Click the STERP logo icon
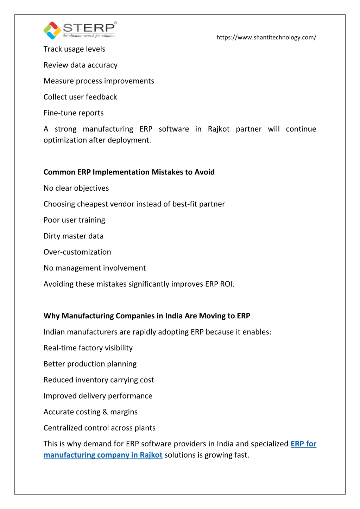pyautogui.click(x=52, y=30)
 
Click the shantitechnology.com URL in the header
pyautogui.click(x=266, y=37)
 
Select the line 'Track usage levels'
pyautogui.click(x=74, y=49)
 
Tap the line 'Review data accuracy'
pyautogui.click(x=81, y=65)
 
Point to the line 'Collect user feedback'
pyautogui.click(x=80, y=97)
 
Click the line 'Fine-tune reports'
pyautogui.click(x=74, y=113)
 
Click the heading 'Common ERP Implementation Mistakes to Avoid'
pyautogui.click(x=129, y=172)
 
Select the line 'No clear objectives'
pyautogui.click(x=76, y=188)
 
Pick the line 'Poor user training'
pyautogui.click(x=74, y=220)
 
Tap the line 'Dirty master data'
pyautogui.click(x=74, y=236)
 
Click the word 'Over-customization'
pyautogui.click(x=77, y=252)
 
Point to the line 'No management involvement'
pyautogui.click(x=94, y=268)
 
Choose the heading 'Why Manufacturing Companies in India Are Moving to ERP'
pyautogui.click(x=147, y=316)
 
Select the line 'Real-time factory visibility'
pyautogui.click(x=88, y=348)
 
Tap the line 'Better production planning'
pyautogui.click(x=90, y=364)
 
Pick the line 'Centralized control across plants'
pyautogui.click(x=99, y=428)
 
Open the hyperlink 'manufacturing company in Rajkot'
pyautogui.click(x=103, y=455)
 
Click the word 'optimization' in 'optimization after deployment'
pyautogui.click(x=62, y=140)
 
